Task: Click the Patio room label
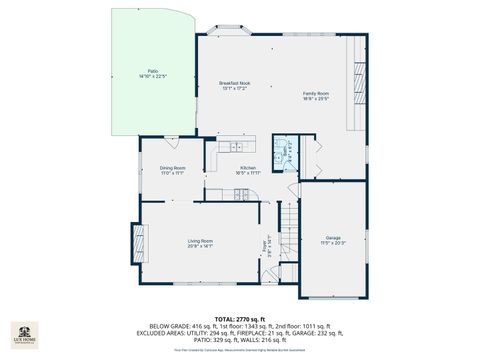153,71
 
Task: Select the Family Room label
316,93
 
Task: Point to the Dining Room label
172,168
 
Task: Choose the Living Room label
200,240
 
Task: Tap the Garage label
331,238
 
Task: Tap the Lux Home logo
23,333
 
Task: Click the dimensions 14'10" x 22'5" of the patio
153,76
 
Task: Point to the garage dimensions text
331,243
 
